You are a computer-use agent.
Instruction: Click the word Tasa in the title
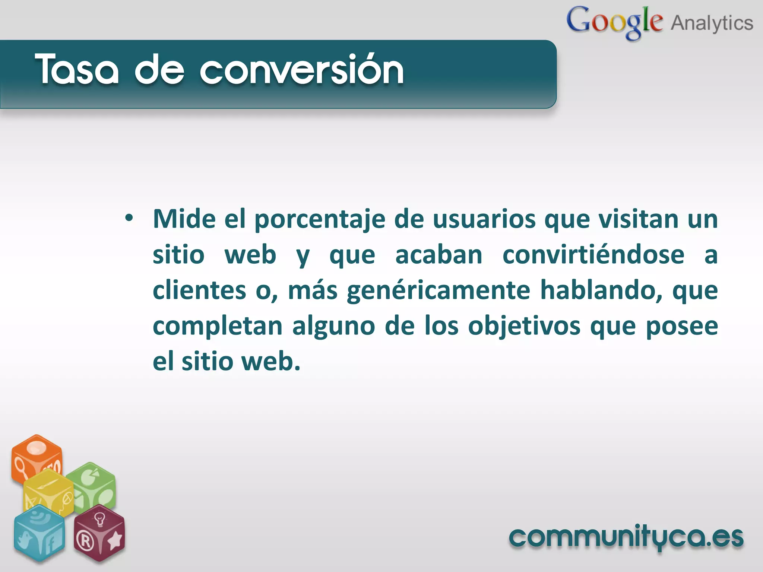[77, 69]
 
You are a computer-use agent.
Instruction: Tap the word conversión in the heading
[302, 69]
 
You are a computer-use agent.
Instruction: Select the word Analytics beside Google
[712, 23]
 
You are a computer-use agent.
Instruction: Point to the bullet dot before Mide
[129, 218]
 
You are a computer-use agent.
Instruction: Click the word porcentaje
[320, 220]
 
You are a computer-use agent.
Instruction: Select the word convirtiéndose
[593, 255]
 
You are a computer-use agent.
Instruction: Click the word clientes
[199, 290]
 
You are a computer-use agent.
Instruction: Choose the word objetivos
[524, 326]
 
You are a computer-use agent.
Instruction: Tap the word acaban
[439, 255]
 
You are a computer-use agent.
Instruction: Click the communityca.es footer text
[626, 537]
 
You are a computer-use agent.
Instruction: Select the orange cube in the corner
[36, 458]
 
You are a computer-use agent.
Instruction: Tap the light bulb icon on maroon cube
[99, 519]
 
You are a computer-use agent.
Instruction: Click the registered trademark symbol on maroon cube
[85, 541]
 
